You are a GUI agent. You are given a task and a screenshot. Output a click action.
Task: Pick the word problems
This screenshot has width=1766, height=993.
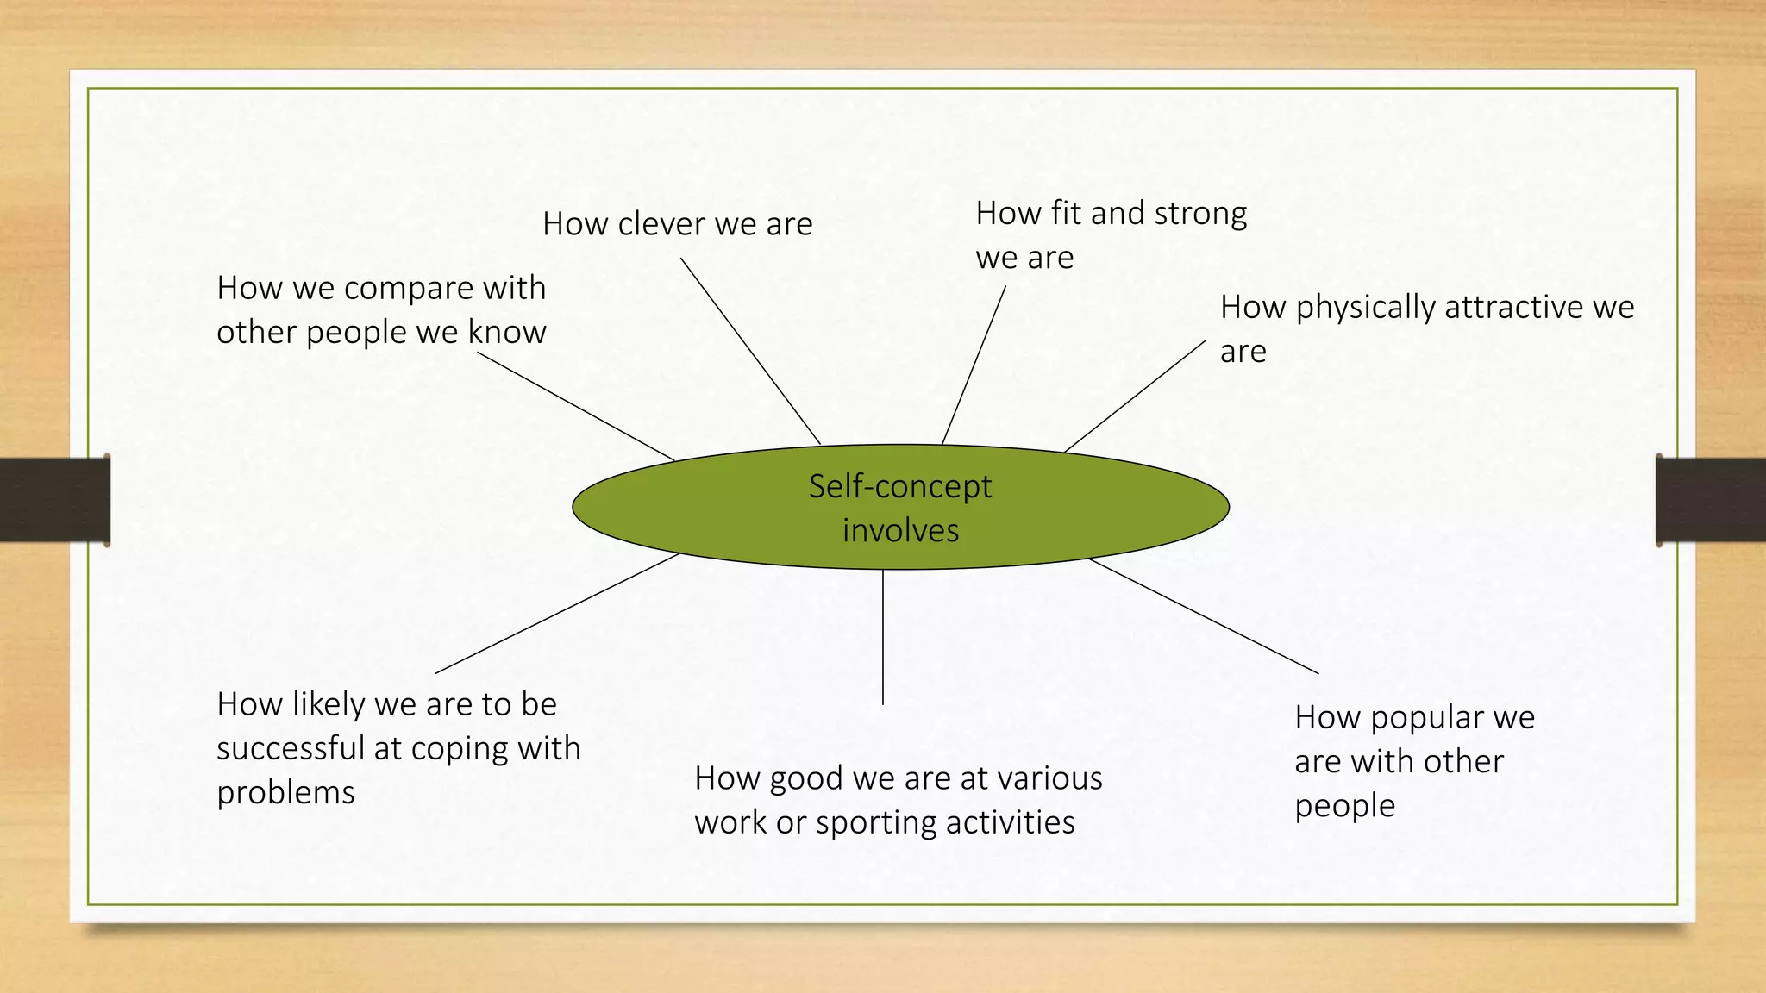pos(285,793)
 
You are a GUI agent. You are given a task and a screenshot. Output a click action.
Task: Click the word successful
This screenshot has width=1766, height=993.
pos(291,748)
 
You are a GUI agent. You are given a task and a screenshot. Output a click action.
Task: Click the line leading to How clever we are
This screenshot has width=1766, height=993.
pos(750,351)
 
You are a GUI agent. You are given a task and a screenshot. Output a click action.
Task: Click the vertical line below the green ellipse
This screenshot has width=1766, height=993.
pos(883,638)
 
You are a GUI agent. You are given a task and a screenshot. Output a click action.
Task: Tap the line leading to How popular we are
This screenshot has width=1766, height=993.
pos(1204,615)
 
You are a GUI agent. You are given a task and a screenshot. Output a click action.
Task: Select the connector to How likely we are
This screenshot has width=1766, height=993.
pos(557,613)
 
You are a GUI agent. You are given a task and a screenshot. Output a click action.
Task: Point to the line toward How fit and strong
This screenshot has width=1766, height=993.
pos(974,365)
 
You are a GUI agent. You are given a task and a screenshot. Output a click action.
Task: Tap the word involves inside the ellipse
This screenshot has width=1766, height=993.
pos(900,531)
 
